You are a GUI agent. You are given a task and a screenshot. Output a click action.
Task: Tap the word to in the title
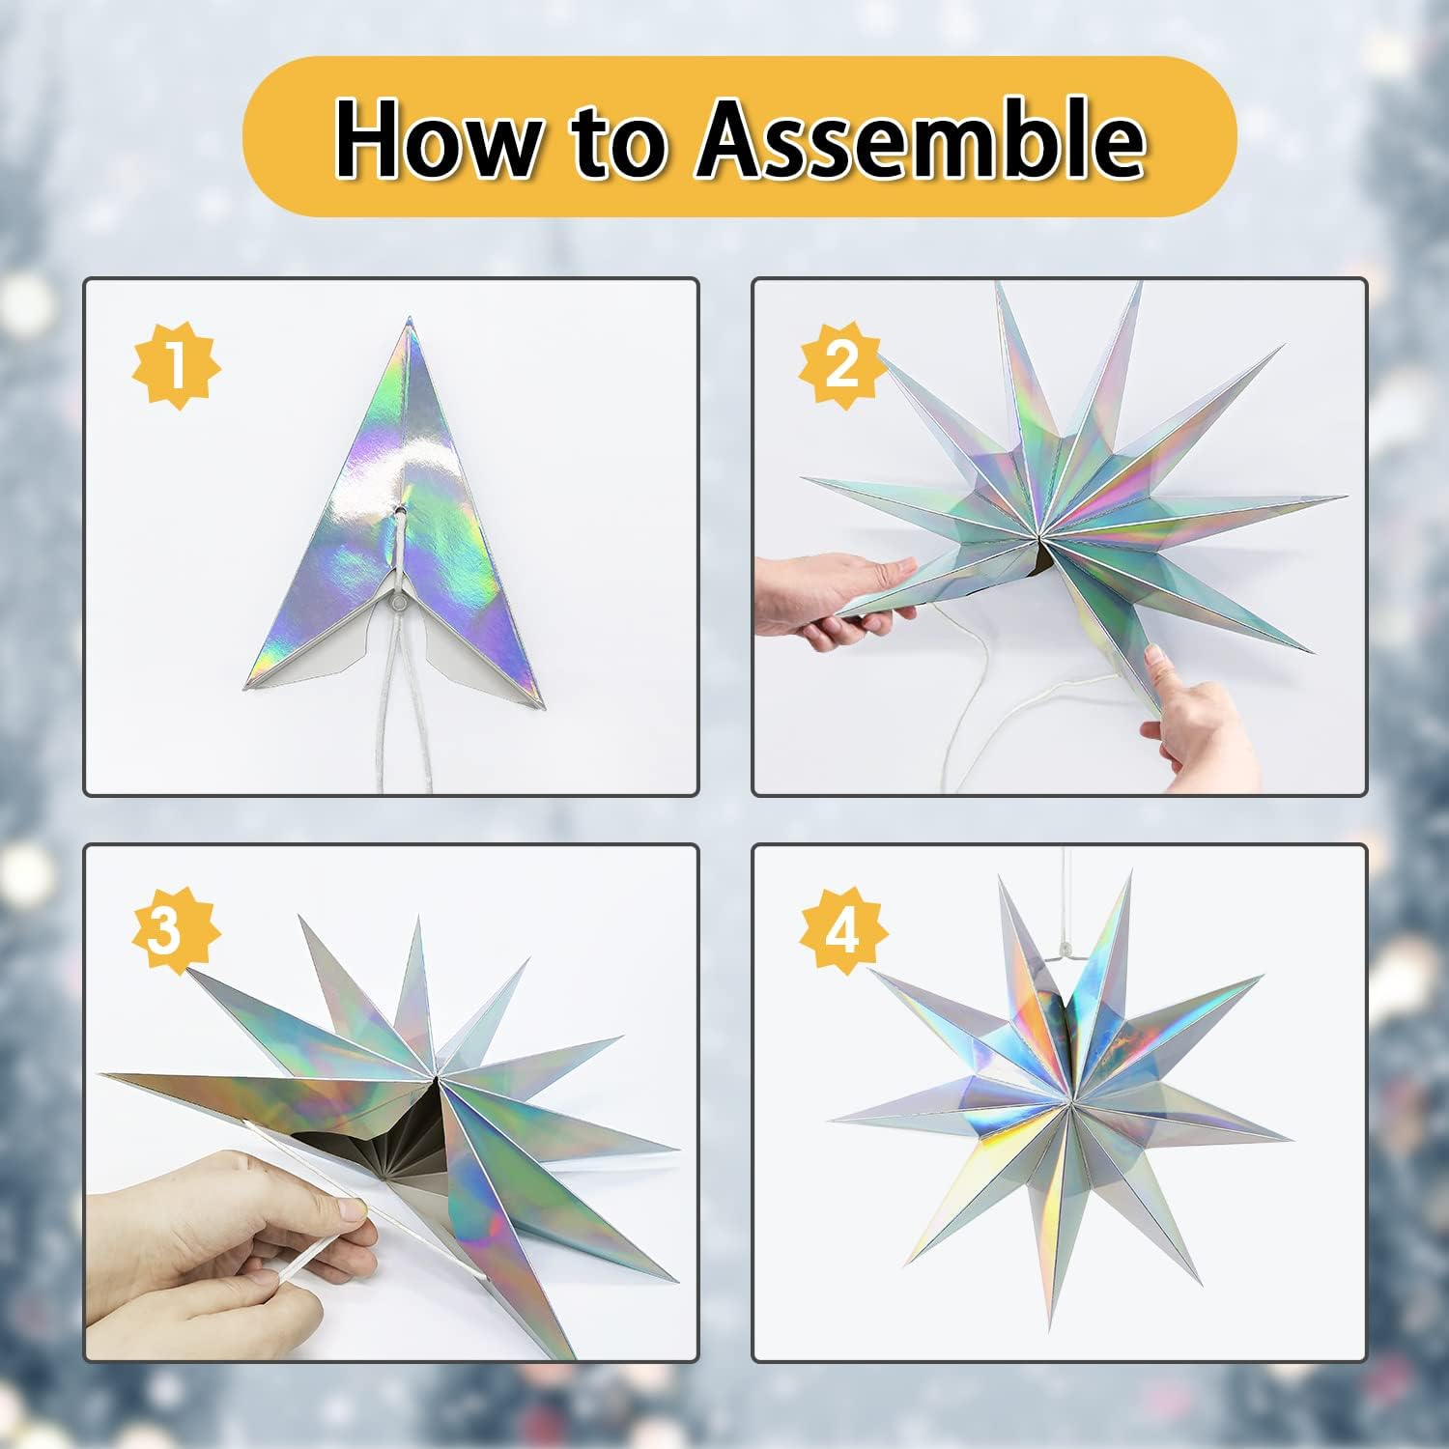pyautogui.click(x=618, y=140)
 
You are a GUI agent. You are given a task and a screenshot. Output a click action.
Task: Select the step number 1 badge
pyautogui.click(x=176, y=367)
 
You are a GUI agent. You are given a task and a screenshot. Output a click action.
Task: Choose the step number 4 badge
pyautogui.click(x=842, y=932)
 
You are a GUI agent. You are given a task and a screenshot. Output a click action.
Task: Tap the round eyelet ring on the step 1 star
pyautogui.click(x=397, y=602)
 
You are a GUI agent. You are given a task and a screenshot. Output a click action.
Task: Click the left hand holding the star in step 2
pyautogui.click(x=831, y=599)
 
